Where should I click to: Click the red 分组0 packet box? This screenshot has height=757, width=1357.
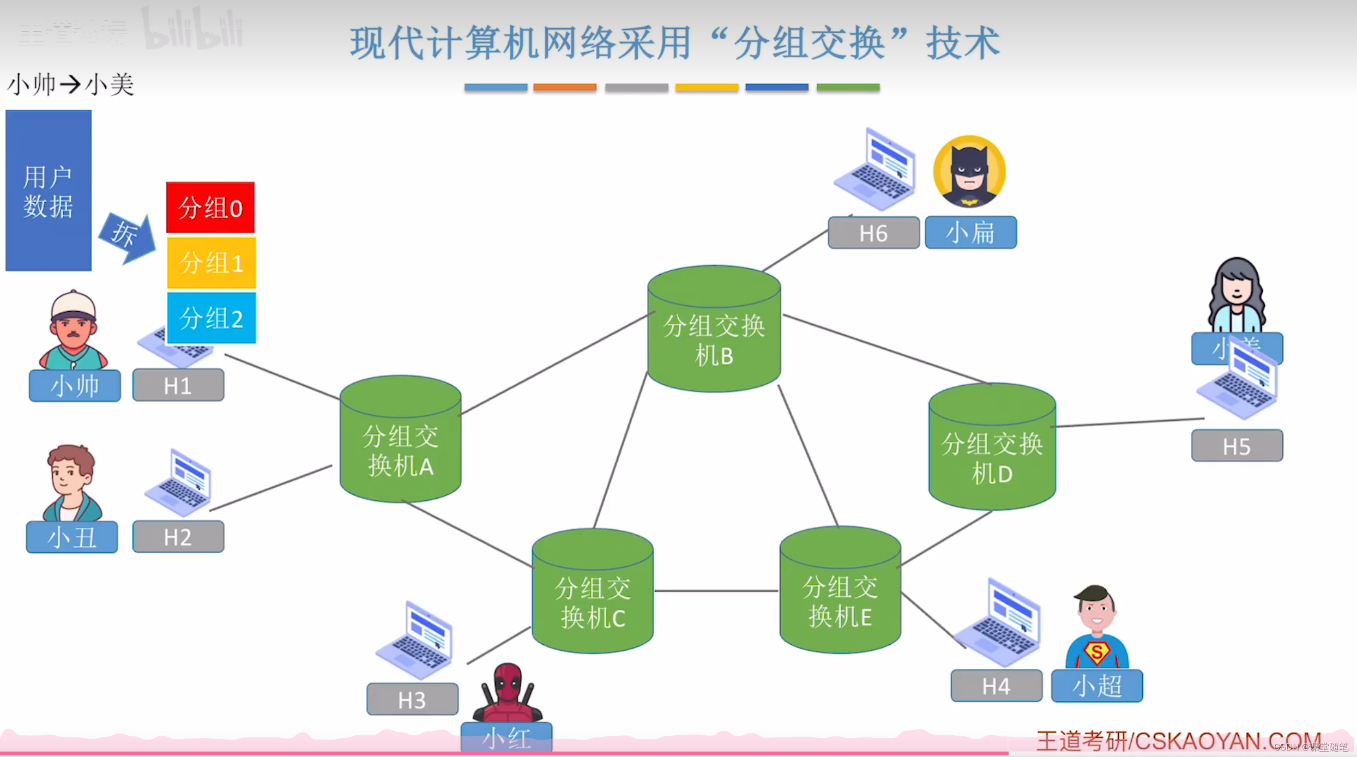210,208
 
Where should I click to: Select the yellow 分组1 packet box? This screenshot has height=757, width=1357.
211,263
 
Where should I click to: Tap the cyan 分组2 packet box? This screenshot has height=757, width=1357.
211,318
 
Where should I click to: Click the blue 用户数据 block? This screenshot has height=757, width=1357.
49,190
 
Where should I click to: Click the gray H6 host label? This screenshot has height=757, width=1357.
873,233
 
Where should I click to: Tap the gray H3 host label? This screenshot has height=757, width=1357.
412,699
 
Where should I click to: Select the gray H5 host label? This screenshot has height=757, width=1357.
1237,446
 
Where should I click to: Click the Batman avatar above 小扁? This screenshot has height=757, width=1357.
969,171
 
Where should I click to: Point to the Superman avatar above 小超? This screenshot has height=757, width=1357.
1096,627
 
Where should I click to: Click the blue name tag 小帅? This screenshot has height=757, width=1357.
75,386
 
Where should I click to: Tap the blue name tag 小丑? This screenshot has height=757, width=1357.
72,537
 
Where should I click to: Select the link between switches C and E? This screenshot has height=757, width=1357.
716,591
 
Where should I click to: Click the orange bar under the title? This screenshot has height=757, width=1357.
565,87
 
